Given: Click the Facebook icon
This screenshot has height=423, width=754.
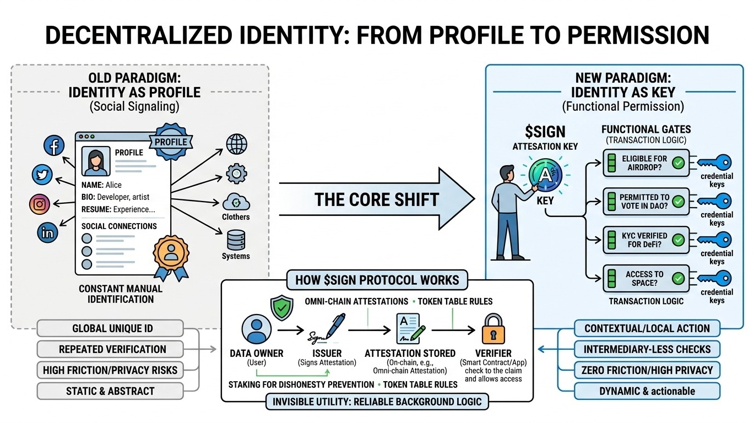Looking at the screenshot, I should click(x=54, y=146).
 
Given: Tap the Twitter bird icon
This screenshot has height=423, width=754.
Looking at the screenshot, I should click(x=42, y=175).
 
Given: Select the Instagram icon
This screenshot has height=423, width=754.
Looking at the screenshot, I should click(x=39, y=204).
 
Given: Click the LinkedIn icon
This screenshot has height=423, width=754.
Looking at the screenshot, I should click(x=48, y=232).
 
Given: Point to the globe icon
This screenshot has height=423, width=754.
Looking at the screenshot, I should click(x=236, y=144).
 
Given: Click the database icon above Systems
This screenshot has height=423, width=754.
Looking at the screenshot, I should click(x=236, y=240).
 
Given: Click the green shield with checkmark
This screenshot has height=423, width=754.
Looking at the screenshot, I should click(x=283, y=308).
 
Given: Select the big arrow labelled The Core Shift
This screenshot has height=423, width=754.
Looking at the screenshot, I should click(x=377, y=199).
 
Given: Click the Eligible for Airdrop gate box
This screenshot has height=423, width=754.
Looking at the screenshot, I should click(x=645, y=162).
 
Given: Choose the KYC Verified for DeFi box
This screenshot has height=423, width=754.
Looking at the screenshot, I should click(x=645, y=240).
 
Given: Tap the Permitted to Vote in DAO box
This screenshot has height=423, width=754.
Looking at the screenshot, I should click(x=645, y=201).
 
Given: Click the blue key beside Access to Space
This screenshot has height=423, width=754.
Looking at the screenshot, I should click(x=715, y=278).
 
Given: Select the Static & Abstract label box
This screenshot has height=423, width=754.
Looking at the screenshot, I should click(x=110, y=391).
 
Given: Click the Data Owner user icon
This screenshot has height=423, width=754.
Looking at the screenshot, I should click(x=257, y=329).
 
